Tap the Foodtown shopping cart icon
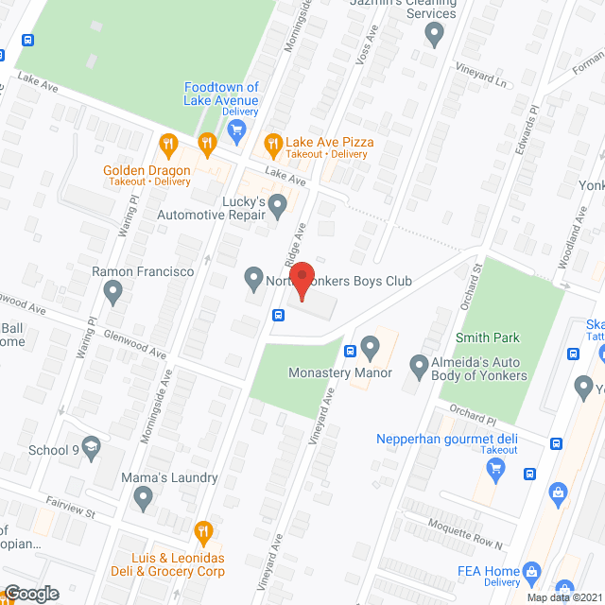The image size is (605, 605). (236, 128)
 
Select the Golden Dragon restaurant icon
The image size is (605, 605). (168, 145)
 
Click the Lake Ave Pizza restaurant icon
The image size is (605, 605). (272, 144)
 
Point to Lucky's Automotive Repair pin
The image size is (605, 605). (277, 204)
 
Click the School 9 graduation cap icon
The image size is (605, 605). (91, 450)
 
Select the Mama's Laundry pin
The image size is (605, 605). (143, 497)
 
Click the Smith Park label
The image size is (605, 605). (488, 337)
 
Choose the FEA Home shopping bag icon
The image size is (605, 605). (531, 571)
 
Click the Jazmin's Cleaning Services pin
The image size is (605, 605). (435, 36)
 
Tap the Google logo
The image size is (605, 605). (30, 593)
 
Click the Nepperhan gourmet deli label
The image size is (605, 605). (446, 439)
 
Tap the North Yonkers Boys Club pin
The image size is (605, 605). (253, 279)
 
